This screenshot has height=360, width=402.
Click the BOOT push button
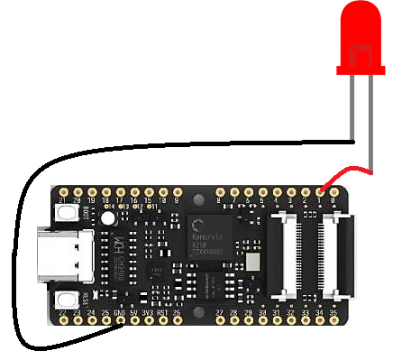coord(66,213)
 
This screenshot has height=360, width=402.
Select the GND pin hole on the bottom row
coord(120,323)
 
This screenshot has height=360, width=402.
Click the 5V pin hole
coord(134,323)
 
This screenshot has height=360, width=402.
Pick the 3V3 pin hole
coord(149,323)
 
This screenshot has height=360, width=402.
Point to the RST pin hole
coord(163,323)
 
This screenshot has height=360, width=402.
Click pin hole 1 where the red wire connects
coord(320,191)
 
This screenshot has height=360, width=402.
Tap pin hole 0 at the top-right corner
coord(334,191)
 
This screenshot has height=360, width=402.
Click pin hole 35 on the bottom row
coord(334,323)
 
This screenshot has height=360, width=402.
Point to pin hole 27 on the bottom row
coord(220,323)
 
